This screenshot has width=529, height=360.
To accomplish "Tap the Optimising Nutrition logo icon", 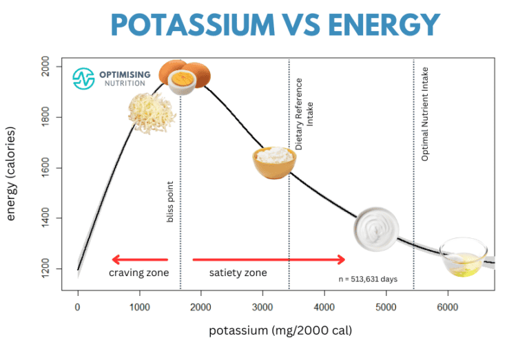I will click(x=83, y=78).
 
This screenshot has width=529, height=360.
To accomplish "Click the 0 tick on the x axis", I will click(x=78, y=306).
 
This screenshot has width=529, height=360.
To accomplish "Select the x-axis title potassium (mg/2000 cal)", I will click(x=280, y=331).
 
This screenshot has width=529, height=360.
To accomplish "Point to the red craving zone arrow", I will click(x=140, y=260).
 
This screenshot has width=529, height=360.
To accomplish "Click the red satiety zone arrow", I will click(x=269, y=260).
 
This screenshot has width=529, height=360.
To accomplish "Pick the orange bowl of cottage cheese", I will click(x=273, y=162).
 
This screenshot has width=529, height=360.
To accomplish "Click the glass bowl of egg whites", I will click(x=463, y=257).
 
